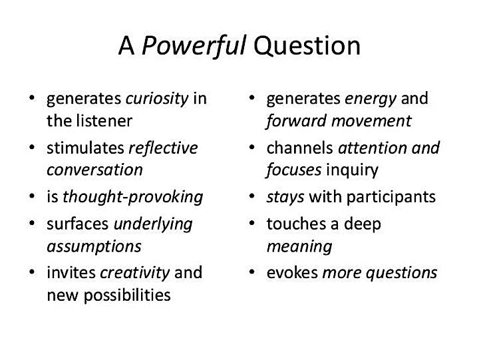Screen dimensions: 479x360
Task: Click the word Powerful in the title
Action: [194, 46]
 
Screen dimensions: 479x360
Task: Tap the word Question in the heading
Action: [307, 47]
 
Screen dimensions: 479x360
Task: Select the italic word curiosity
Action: [157, 99]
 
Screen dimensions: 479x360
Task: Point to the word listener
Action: [104, 120]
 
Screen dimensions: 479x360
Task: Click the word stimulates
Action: [85, 148]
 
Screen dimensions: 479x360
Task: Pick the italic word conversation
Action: [94, 170]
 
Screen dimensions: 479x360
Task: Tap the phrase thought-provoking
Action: [132, 197]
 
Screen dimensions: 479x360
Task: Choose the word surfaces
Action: [78, 224]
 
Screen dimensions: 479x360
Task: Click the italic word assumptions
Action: [94, 247]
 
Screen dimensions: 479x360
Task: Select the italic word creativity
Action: [134, 273]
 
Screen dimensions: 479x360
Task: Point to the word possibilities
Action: [127, 295]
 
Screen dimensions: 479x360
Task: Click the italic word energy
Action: [371, 100]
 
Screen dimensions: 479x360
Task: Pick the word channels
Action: [299, 148]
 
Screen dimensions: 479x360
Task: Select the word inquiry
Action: [352, 170]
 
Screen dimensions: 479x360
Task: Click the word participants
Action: [391, 198]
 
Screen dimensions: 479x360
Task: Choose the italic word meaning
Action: [299, 247]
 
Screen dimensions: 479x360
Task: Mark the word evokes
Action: [292, 273]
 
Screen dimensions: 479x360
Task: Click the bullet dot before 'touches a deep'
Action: [251, 224]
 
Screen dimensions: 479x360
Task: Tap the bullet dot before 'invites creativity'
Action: [32, 271]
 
